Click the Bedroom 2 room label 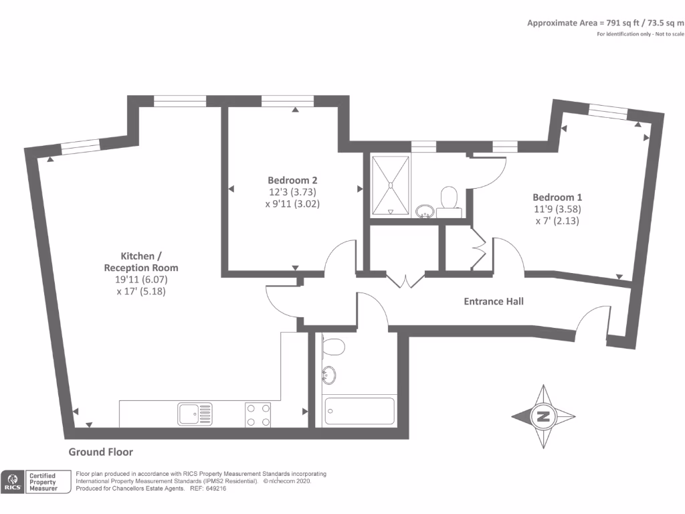[x=292, y=180]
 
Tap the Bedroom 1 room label [x=557, y=197]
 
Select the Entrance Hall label [x=494, y=301]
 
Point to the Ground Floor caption [x=101, y=452]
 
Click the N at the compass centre [x=543, y=417]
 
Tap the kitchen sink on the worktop [x=195, y=414]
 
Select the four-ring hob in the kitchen [x=258, y=414]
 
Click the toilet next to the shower [x=449, y=198]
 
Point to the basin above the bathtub [x=330, y=375]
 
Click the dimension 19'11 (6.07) [x=141, y=280]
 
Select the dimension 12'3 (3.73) [x=292, y=192]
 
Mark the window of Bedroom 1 [x=608, y=112]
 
